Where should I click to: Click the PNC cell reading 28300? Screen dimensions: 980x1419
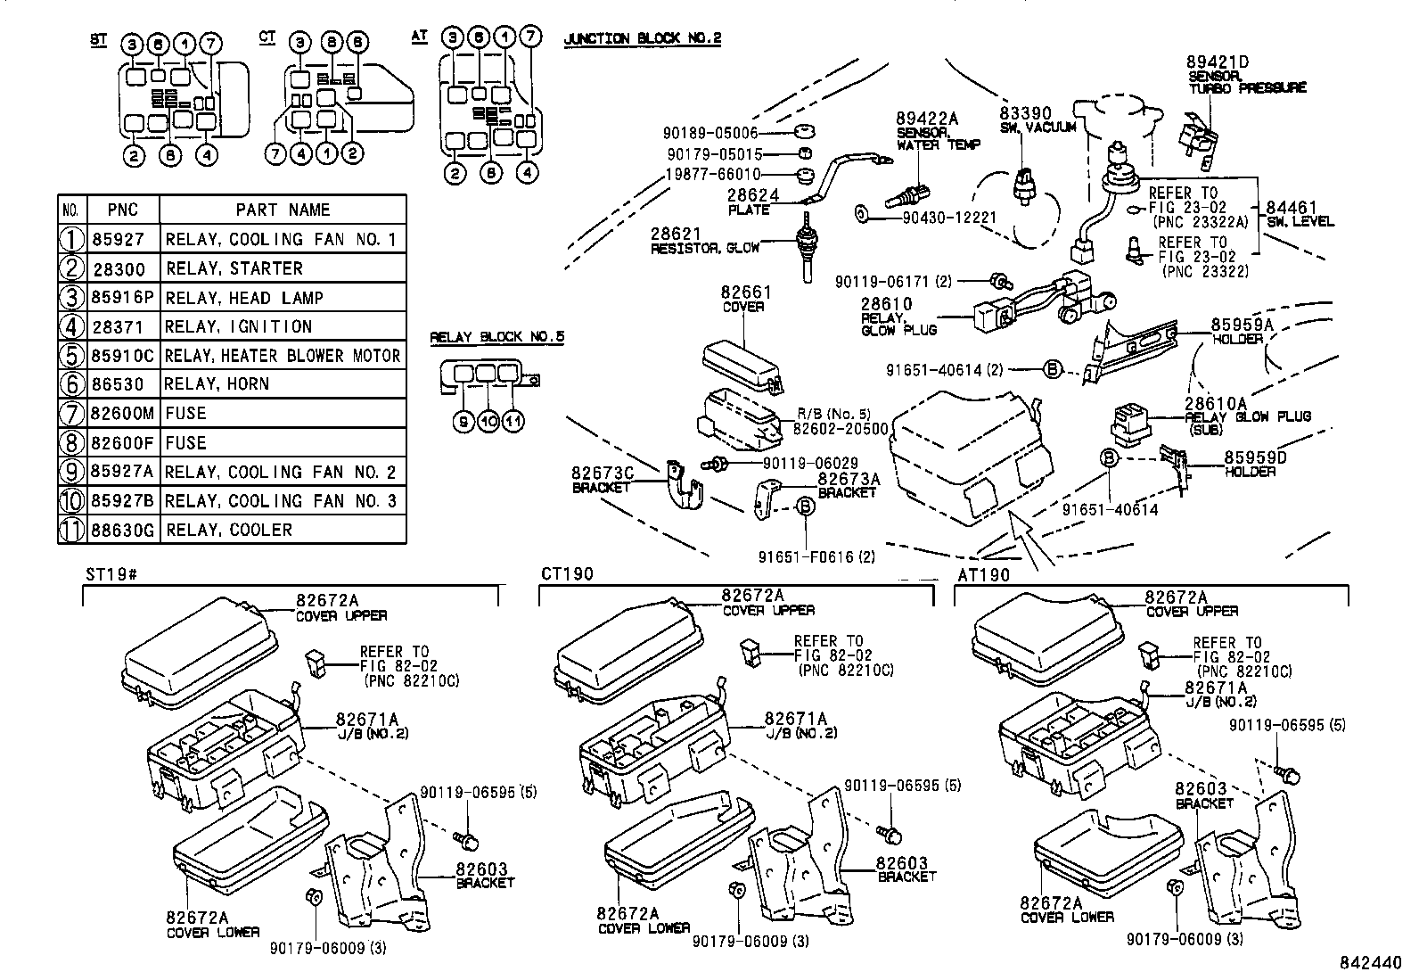pyautogui.click(x=123, y=268)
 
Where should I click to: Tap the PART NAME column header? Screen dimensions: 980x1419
pyautogui.click(x=283, y=210)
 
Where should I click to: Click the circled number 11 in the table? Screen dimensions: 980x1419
pyautogui.click(x=71, y=531)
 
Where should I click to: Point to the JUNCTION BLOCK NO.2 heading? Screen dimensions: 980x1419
pyautogui.click(x=642, y=38)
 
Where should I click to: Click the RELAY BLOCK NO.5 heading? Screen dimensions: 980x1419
pyautogui.click(x=496, y=337)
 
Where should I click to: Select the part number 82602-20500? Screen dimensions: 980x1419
pyautogui.click(x=841, y=428)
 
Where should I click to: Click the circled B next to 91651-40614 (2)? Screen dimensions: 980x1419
pyautogui.click(x=1052, y=369)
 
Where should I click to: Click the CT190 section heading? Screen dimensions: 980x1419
pyautogui.click(x=567, y=573)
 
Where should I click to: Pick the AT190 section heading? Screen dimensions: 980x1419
pyautogui.click(x=984, y=575)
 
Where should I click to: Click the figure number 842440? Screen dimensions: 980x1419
pyautogui.click(x=1372, y=964)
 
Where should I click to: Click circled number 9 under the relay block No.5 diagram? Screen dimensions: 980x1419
pyautogui.click(x=463, y=423)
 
